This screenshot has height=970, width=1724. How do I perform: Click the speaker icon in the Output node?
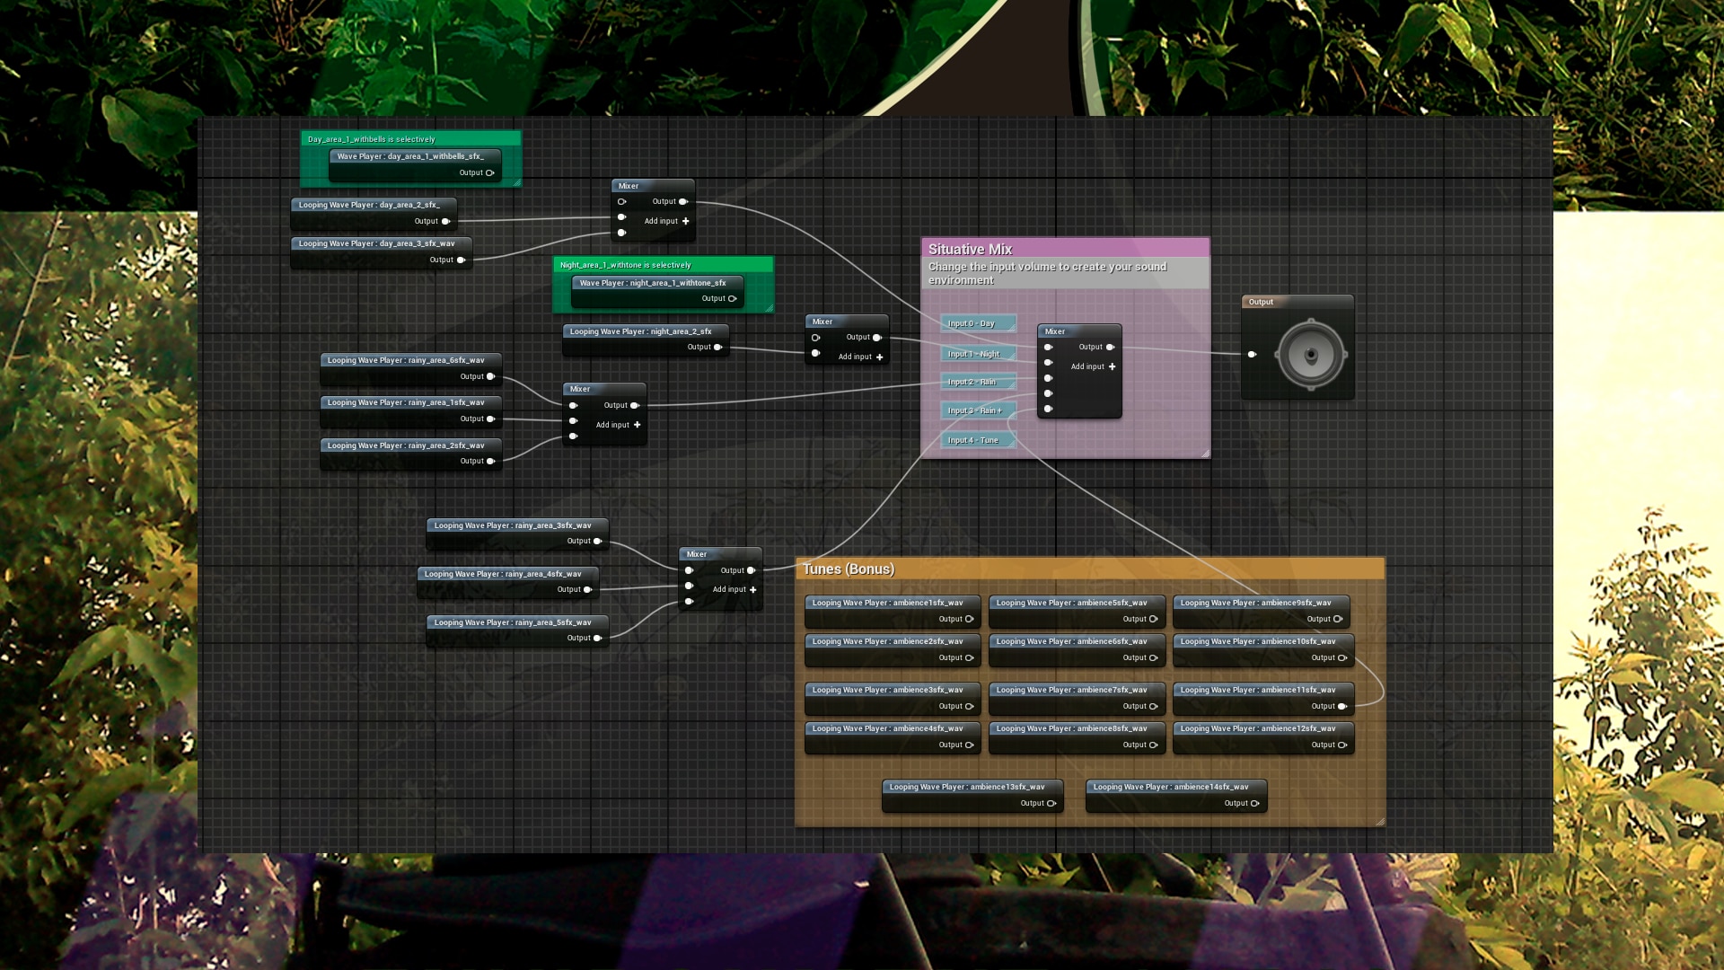[x=1310, y=355]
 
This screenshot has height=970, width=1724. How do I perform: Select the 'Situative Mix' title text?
[x=970, y=250]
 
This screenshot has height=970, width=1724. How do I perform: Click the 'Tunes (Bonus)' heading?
[x=849, y=569]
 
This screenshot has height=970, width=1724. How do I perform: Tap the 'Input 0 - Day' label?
[x=972, y=323]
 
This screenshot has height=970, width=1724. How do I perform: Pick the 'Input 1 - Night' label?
[x=974, y=354]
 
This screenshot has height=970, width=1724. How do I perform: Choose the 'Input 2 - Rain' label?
[x=972, y=382]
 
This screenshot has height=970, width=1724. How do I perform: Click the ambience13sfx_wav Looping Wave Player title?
[x=967, y=787]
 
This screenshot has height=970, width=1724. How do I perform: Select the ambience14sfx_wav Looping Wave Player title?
[x=1171, y=787]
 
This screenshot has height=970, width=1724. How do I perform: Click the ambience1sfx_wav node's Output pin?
[x=969, y=619]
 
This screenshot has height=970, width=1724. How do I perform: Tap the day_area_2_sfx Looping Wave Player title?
[x=369, y=205]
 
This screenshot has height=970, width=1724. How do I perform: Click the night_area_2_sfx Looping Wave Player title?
[x=640, y=331]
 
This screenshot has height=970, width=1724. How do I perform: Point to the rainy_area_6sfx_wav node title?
[x=406, y=360]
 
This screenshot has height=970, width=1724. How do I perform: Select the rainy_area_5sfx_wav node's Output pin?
[x=598, y=639]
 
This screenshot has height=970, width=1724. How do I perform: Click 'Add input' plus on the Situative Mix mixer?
[x=1113, y=366]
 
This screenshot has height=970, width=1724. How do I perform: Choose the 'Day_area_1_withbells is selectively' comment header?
[x=372, y=139]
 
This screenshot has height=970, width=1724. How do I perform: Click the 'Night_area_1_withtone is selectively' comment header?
[x=626, y=265]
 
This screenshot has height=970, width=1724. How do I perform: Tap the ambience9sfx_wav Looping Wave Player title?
[x=1256, y=603]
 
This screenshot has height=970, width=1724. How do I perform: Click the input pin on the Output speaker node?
[x=1253, y=355]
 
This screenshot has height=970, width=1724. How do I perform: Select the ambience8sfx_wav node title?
[x=1071, y=728]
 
